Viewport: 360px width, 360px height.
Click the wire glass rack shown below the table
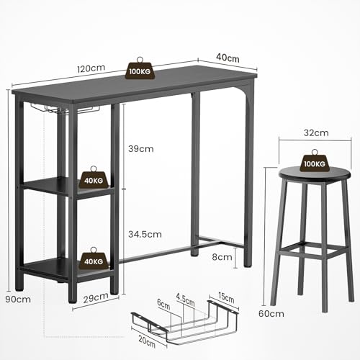[x=184, y=320]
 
